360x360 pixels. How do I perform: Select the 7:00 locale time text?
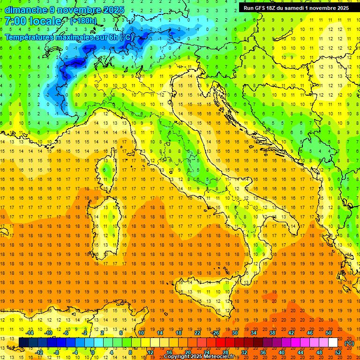click(x=33, y=21)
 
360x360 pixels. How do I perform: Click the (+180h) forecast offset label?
click(x=83, y=21)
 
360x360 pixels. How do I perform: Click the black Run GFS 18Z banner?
click(x=296, y=7)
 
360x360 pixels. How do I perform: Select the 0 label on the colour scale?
click(x=93, y=352)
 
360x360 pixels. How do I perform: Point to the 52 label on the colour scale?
click(x=337, y=352)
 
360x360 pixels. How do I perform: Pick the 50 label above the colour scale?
click(x=329, y=332)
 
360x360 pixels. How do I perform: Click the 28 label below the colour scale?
click(x=225, y=352)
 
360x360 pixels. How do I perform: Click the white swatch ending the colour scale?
click(x=333, y=342)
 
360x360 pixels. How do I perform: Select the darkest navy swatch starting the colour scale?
click(x=23, y=342)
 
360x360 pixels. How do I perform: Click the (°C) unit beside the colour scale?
click(x=349, y=343)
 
